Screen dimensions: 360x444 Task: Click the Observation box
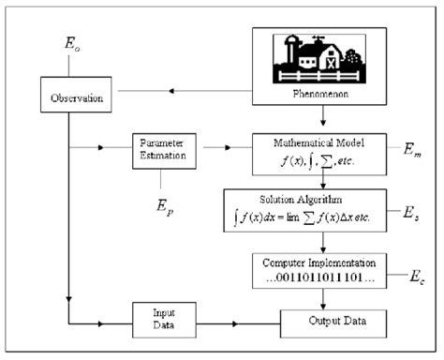(70, 98)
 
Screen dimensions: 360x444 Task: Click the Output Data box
(322, 322)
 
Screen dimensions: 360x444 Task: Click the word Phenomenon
(321, 96)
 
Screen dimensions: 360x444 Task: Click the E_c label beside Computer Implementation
(414, 277)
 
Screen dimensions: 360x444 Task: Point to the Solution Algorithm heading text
(322, 200)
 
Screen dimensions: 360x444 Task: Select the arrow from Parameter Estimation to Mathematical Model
(225, 147)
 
